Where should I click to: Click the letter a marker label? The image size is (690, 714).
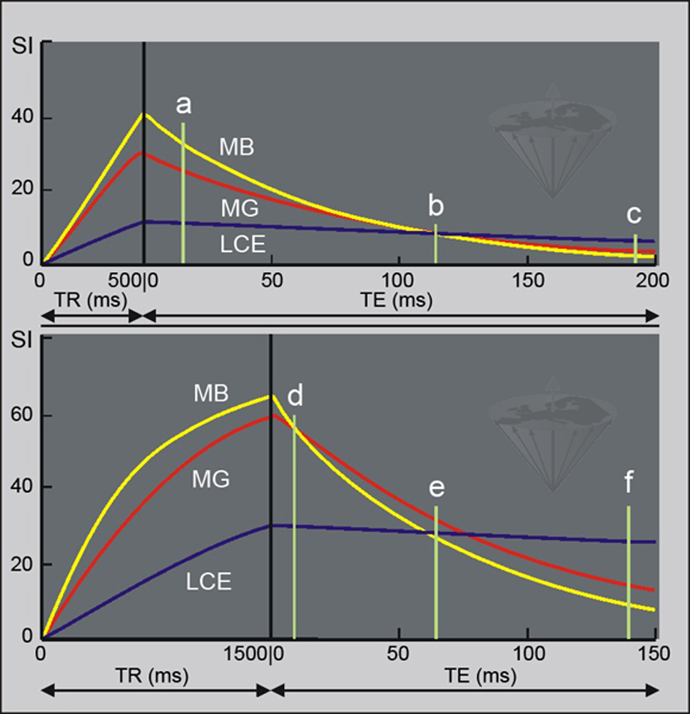tap(183, 106)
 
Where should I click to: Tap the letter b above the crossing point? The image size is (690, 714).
tap(435, 206)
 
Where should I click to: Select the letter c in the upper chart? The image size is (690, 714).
tap(634, 213)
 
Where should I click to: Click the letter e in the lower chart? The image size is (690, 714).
tap(437, 488)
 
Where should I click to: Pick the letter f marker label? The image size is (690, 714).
tap(628, 483)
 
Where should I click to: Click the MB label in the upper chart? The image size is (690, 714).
tap(236, 147)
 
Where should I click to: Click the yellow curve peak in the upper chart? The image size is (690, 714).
tap(145, 114)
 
